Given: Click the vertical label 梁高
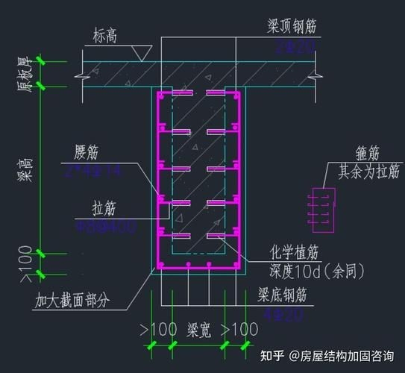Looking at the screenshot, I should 23,172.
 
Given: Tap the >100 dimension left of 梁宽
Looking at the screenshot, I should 159,329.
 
